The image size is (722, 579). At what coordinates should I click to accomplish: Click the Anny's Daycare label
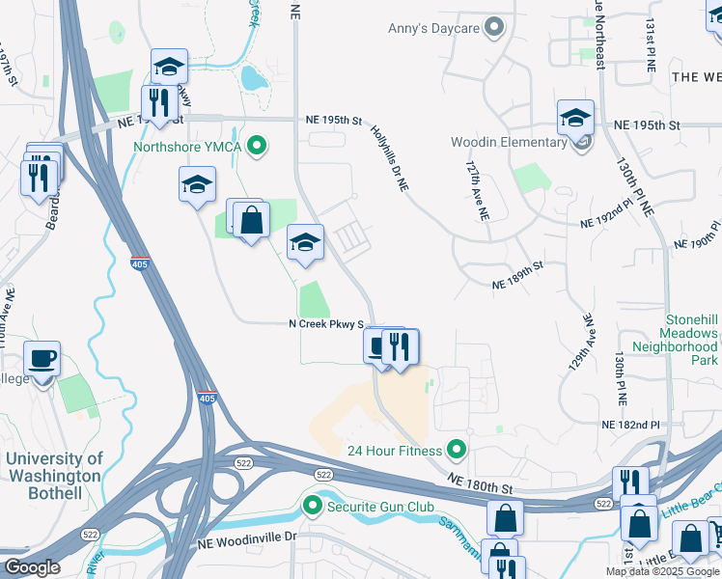[x=433, y=28]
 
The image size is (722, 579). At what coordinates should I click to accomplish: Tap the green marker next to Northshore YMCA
[x=257, y=147]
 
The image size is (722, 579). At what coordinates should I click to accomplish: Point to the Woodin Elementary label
[x=509, y=143]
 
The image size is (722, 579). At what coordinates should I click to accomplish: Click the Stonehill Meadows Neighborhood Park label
[x=675, y=339]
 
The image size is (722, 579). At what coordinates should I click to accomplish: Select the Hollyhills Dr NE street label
[x=390, y=156]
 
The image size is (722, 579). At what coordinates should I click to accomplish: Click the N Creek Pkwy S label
[x=326, y=324]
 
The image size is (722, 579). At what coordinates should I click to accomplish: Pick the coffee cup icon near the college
[x=42, y=359]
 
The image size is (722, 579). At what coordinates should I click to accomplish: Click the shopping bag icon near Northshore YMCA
[x=251, y=219]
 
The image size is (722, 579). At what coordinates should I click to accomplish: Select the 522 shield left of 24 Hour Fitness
[x=323, y=475]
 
